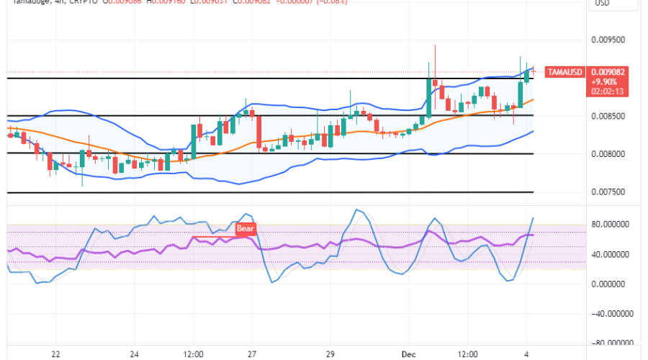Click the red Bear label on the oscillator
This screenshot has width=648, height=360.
[246, 230]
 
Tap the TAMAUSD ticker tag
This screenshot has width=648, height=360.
[564, 72]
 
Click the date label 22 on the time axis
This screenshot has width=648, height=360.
[55, 355]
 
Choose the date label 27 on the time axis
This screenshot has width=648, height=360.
[251, 355]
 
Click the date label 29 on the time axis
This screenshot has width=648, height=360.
[329, 355]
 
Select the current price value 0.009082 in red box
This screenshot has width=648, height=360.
[608, 72]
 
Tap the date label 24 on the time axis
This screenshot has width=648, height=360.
[134, 355]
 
